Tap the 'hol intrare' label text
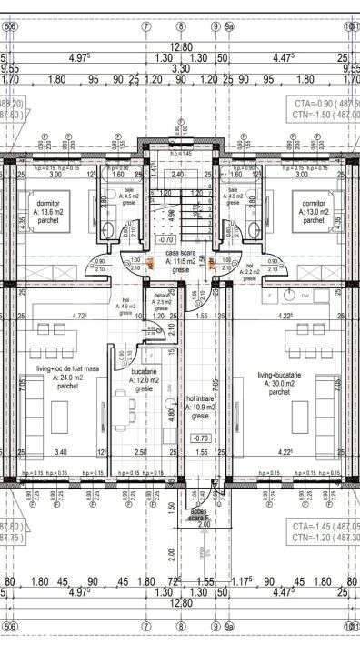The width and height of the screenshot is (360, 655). point(200,398)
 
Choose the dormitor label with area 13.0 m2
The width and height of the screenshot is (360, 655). point(314,204)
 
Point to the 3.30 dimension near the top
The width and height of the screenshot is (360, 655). point(180,68)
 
